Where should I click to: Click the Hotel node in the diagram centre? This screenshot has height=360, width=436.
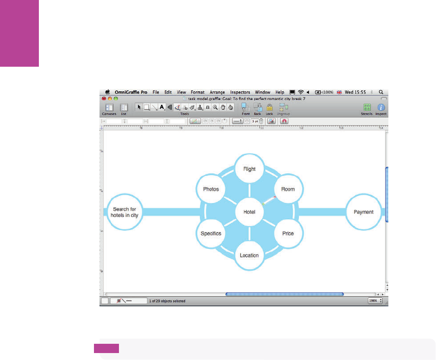click(x=249, y=212)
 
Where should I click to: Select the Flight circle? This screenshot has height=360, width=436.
click(x=249, y=169)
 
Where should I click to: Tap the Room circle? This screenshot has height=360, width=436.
click(x=287, y=189)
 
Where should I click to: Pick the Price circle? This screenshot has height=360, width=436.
click(x=287, y=233)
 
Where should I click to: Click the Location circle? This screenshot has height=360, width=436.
click(x=249, y=255)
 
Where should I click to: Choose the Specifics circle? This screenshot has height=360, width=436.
click(x=211, y=233)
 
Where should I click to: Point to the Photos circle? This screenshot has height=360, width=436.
click(x=211, y=189)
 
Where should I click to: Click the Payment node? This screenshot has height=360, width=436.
click(x=363, y=212)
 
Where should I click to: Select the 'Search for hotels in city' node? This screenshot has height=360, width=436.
click(x=124, y=212)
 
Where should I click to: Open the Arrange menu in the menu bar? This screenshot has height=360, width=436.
click(x=218, y=92)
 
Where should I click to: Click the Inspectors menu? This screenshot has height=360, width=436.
click(x=240, y=92)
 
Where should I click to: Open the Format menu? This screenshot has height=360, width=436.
click(x=198, y=92)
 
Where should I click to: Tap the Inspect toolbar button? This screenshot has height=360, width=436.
click(x=381, y=108)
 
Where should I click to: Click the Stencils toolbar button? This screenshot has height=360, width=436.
click(x=367, y=108)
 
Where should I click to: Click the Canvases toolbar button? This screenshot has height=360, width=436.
click(x=109, y=108)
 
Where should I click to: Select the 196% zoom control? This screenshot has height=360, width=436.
click(x=375, y=301)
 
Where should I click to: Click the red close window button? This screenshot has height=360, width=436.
click(x=104, y=99)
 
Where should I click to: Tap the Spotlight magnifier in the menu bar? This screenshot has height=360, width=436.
click(x=381, y=92)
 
